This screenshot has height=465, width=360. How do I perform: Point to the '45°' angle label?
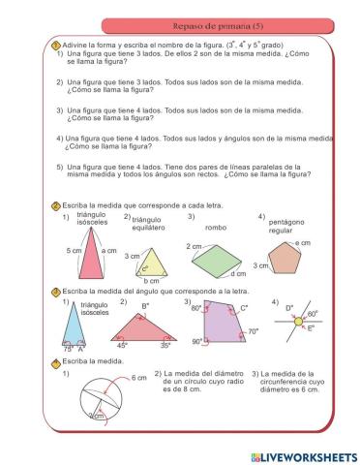[x=122, y=345]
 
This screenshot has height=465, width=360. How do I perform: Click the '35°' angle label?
[x=165, y=345]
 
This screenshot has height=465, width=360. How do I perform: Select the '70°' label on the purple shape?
[x=253, y=331]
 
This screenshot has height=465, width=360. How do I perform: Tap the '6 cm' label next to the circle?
[x=110, y=379]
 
